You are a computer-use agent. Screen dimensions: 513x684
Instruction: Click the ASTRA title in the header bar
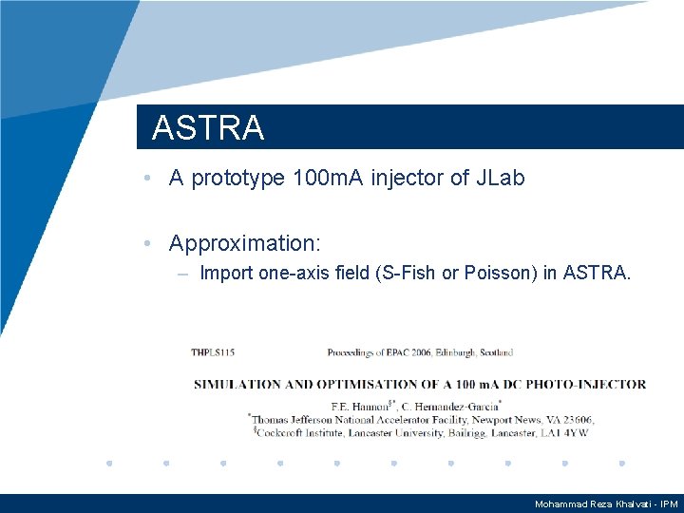[207, 128]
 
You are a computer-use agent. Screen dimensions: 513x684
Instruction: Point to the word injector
[410, 178]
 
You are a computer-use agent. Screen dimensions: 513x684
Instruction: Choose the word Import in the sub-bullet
[226, 274]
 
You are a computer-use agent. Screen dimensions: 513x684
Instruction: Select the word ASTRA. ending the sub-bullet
[597, 274]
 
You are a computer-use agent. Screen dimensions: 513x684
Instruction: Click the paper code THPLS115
[213, 352]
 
